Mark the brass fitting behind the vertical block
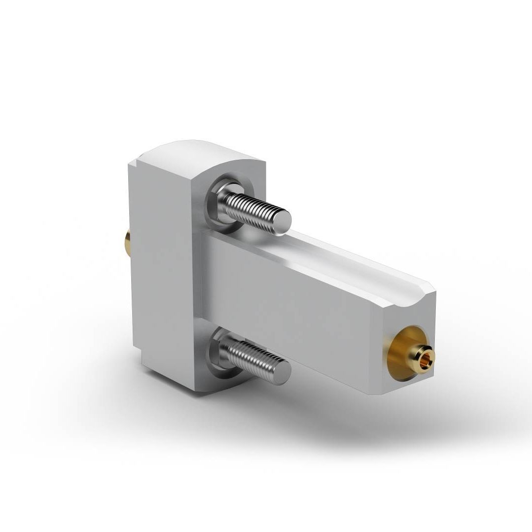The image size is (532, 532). pyautogui.click(x=127, y=242)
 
